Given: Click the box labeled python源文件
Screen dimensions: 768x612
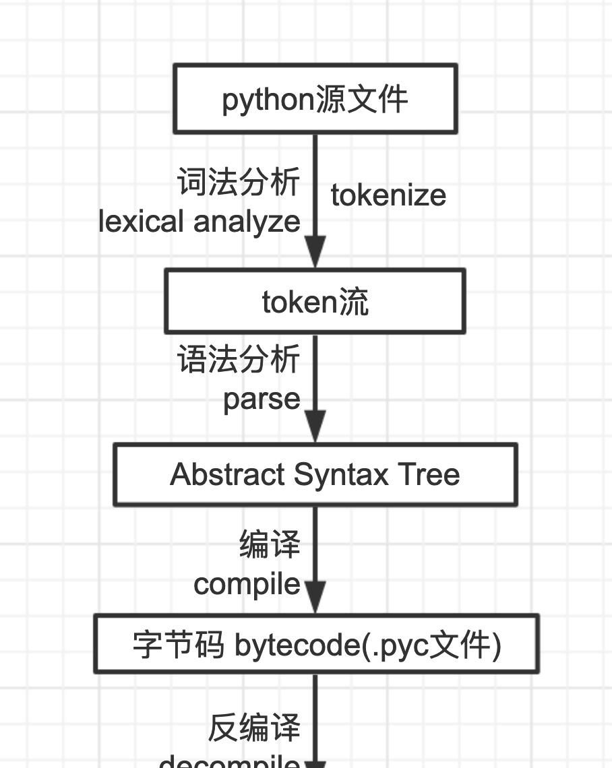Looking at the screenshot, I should (x=315, y=99).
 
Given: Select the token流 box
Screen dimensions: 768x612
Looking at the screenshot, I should (x=315, y=301).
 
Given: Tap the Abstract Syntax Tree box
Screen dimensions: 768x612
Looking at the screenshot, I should (x=315, y=474).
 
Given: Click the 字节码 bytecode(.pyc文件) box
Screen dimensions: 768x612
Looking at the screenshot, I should (x=316, y=645).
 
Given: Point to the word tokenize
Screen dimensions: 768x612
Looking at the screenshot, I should (x=388, y=195).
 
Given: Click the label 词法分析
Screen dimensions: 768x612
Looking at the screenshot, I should (x=239, y=183).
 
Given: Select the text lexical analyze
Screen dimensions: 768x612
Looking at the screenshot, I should (x=200, y=222).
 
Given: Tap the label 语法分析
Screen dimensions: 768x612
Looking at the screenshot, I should (x=239, y=359).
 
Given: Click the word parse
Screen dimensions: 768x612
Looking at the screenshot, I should (x=262, y=399).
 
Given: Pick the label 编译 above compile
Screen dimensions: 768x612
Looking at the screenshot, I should (x=270, y=544).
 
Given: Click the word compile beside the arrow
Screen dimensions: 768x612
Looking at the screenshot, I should (x=247, y=583).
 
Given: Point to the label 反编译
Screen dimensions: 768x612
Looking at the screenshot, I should (x=254, y=728).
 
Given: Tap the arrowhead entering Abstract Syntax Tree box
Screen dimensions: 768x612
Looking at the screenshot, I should (x=315, y=426).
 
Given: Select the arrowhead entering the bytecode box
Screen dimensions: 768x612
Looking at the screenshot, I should (x=315, y=597).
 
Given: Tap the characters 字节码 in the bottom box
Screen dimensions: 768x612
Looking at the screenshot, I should (x=179, y=645).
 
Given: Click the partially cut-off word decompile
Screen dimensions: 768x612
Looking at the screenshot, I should (x=230, y=762).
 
